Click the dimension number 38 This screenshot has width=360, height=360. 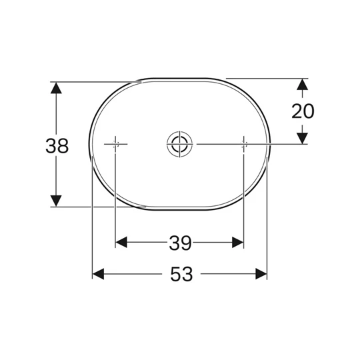coord(57,146)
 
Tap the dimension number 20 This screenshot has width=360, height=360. coord(303,111)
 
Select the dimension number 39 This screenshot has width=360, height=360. coord(180,243)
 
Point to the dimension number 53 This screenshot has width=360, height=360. coord(181,274)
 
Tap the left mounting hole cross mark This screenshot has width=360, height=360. coord(115,144)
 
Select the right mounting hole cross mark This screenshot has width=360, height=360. coord(244,144)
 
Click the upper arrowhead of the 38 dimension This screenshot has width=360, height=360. coord(56,88)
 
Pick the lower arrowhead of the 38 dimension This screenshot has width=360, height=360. coord(56,201)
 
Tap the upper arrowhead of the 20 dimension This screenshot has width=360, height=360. coord(303,84)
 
